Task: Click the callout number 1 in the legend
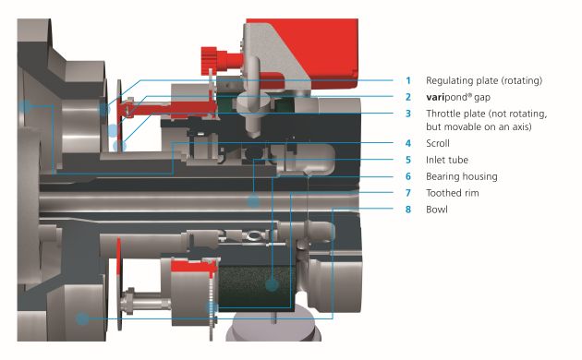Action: (408, 80)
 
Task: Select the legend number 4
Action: (408, 143)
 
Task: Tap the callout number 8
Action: (408, 210)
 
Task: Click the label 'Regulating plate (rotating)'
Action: (484, 81)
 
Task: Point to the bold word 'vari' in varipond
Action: (435, 97)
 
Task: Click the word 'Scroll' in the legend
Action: (438, 143)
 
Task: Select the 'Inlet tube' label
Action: (447, 160)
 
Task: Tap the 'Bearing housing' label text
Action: (462, 176)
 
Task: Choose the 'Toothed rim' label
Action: (453, 193)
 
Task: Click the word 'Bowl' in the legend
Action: (437, 210)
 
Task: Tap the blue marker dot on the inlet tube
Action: (253, 201)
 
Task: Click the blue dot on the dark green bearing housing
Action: (273, 284)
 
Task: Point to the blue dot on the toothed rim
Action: (212, 307)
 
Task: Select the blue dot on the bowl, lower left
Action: (82, 318)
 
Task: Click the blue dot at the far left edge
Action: (25, 106)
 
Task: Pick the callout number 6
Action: (408, 176)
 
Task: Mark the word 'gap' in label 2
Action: (482, 98)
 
